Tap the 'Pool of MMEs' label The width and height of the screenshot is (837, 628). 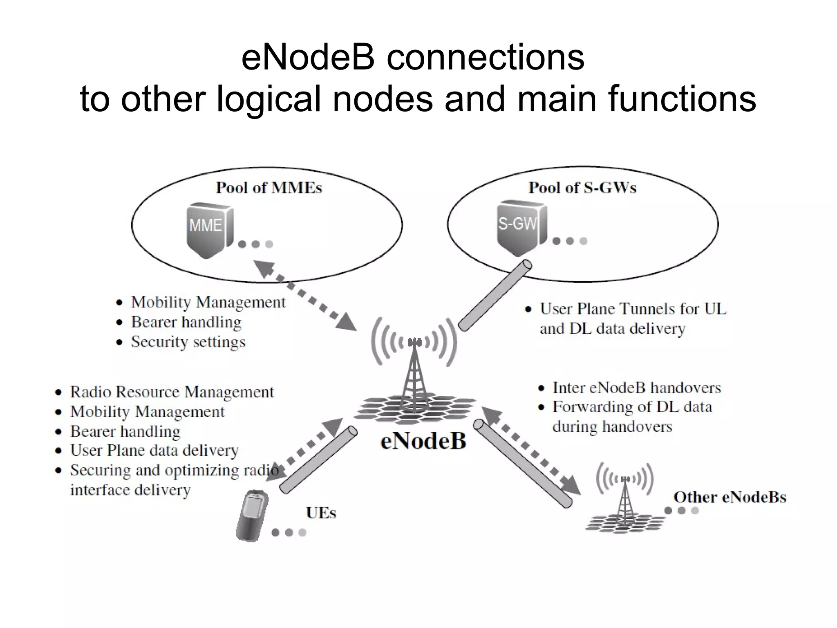269,188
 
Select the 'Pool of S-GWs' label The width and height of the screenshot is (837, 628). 582,188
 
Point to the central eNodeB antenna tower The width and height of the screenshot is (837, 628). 414,376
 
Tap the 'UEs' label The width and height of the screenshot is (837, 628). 321,513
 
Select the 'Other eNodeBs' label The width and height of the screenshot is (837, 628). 730,497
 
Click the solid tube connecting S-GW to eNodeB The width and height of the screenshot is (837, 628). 495,296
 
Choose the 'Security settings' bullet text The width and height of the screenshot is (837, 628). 188,342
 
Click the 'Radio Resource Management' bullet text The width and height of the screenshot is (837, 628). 172,392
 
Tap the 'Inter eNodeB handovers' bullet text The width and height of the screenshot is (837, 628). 636,388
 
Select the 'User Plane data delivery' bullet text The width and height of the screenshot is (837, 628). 154,451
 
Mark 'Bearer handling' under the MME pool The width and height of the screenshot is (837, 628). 186,322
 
